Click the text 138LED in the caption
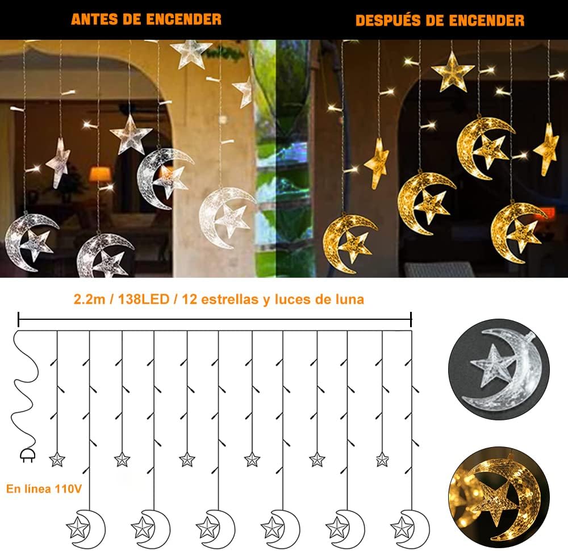coord(144,299)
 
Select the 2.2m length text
coord(89,299)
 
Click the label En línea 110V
coord(44,489)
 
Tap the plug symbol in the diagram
coord(28,456)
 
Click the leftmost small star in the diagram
coord(57,460)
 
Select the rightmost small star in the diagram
coord(382,460)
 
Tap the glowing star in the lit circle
coord(496,500)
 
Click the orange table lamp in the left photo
coord(100,174)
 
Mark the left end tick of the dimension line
coord(19,319)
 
